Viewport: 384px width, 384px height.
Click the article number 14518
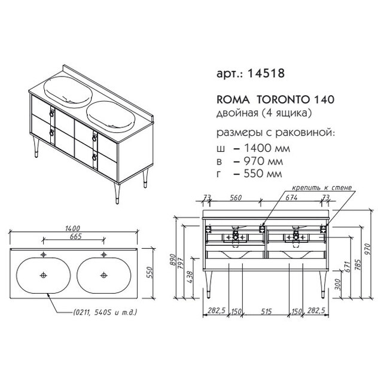coord(266,73)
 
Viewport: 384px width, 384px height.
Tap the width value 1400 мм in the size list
coord(267,148)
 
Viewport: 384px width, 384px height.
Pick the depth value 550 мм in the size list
coord(263,173)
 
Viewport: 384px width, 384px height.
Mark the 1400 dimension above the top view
coord(72,228)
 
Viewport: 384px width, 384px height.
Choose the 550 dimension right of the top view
coord(150,272)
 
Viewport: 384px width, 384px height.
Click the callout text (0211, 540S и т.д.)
coord(105,312)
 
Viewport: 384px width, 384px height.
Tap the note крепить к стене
coord(322,188)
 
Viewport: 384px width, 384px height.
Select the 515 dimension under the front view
coord(266,311)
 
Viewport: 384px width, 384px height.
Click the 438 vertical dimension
coord(190,276)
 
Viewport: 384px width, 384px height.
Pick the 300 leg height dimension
coord(338,284)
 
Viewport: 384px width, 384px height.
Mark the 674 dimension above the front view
coord(291,197)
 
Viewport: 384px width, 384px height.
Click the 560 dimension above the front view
coord(236,197)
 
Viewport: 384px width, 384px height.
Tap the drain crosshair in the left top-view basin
coord(43,275)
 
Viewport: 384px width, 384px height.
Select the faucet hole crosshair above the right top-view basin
coord(104,254)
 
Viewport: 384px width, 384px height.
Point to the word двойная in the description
coord(237,113)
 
